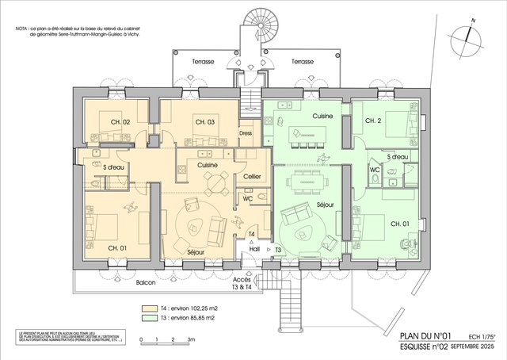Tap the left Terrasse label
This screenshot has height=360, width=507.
tap(203, 61)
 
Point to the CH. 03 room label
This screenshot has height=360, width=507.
tap(204, 121)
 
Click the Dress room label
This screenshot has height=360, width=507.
tap(246, 133)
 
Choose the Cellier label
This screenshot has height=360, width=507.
tap(253, 176)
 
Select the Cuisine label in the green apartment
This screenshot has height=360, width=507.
tap(322, 116)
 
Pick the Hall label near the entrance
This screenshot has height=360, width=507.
tap(253, 249)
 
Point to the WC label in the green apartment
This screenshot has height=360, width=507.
tap(375, 170)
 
